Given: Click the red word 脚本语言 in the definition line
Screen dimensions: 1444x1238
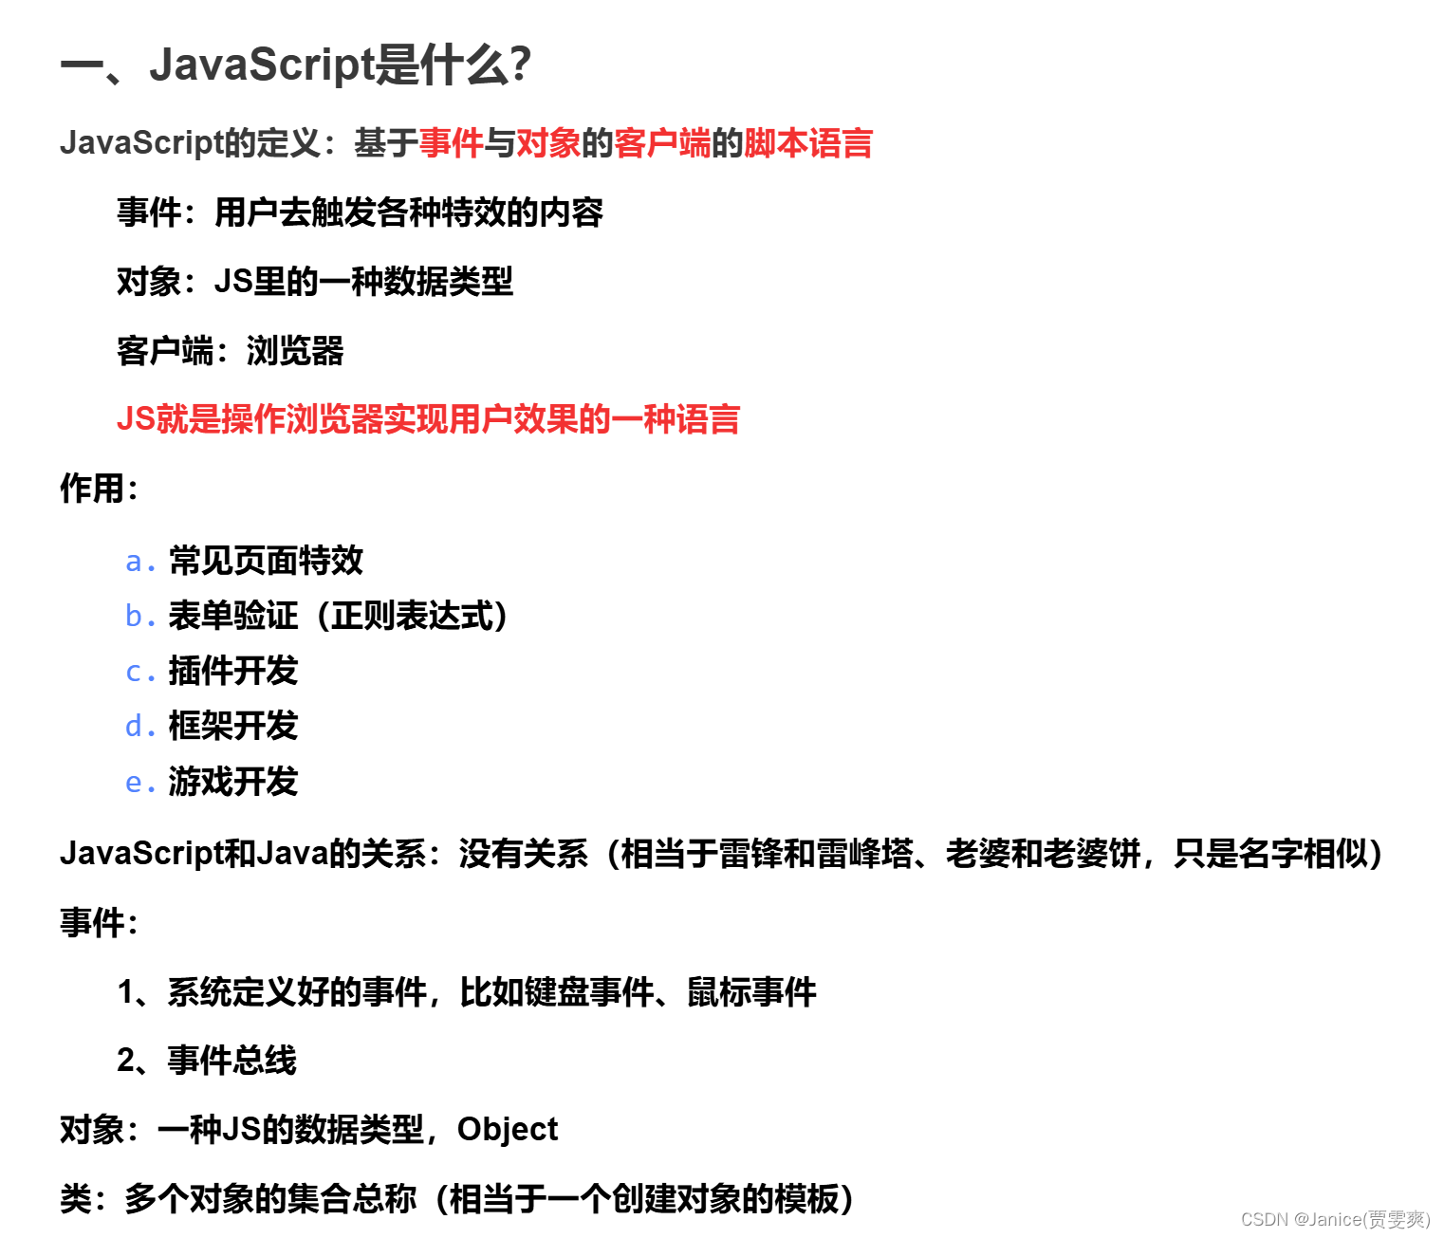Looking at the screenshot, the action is [x=807, y=143].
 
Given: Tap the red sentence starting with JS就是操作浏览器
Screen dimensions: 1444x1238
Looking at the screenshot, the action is [x=428, y=419].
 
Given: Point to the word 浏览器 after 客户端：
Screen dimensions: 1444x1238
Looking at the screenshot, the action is [x=295, y=351].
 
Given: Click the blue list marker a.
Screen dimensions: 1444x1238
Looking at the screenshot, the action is [x=139, y=562].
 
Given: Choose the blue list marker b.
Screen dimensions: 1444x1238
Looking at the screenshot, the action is [x=139, y=617].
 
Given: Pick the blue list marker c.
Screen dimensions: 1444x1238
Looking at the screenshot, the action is [x=139, y=672].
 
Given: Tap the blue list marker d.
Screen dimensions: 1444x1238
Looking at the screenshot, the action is [x=139, y=727].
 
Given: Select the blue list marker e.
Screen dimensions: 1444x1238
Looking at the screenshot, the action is [x=139, y=783].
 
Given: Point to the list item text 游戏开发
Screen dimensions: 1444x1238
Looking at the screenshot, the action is [x=233, y=782].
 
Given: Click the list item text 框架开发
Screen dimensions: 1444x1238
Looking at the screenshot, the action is [x=233, y=727].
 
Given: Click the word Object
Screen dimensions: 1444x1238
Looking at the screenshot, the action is [x=508, y=1129].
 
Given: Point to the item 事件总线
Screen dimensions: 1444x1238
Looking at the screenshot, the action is [x=232, y=1061].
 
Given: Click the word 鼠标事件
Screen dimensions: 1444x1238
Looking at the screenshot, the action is [x=751, y=992].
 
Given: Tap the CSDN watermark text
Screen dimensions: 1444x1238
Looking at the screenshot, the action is [x=1335, y=1219].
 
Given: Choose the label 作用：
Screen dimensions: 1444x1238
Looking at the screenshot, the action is [x=99, y=489].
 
